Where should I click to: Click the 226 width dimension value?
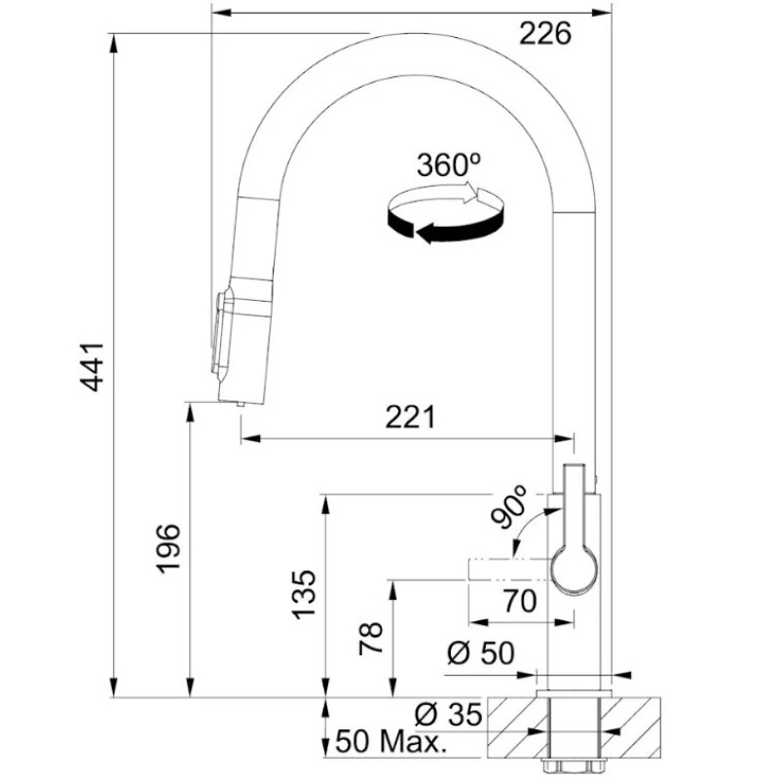545,34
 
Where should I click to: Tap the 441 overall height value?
93,367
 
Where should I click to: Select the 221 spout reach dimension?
410,417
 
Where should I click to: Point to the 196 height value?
168,548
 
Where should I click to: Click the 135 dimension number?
304,595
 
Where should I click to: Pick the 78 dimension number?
371,639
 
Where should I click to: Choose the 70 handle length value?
520,601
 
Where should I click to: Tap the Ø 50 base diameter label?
481,652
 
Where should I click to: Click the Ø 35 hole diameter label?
449,715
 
